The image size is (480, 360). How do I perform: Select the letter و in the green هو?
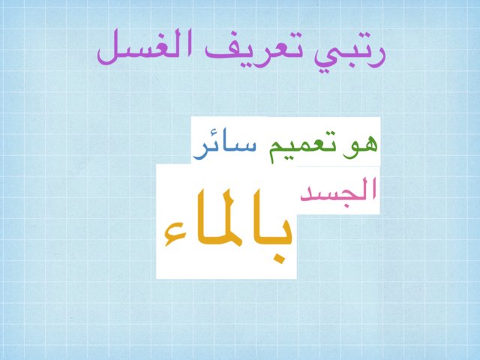coord(350,147)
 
